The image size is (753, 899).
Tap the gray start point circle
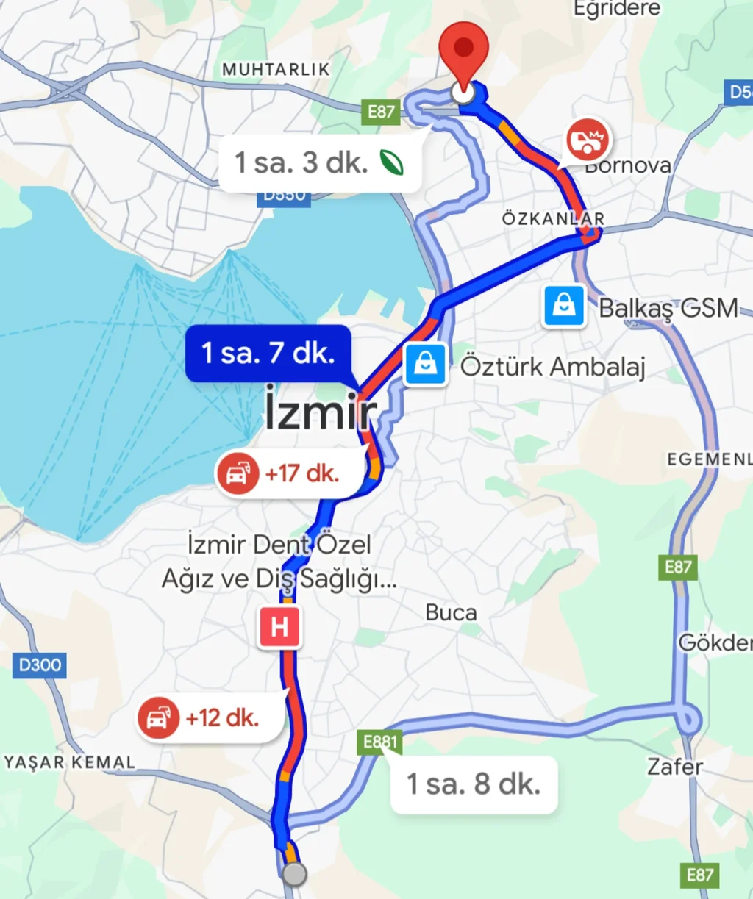[294, 874]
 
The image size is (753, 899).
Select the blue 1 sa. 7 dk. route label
[268, 354]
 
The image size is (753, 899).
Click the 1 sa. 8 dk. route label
[474, 784]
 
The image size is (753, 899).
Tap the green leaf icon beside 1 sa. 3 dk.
[392, 162]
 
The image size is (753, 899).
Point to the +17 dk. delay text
[302, 473]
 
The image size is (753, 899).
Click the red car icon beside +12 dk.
[158, 718]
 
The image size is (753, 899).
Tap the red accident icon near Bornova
[587, 140]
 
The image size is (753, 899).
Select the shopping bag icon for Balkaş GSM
[564, 307]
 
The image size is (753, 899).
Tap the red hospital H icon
[279, 627]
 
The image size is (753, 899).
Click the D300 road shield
[40, 665]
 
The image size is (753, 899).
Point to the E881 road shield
[380, 742]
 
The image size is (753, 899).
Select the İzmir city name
[320, 412]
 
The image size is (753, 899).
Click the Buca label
[451, 612]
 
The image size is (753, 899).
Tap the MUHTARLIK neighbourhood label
[276, 69]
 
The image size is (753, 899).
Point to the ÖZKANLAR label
[553, 218]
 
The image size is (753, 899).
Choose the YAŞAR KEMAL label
[70, 762]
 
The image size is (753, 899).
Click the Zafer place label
[675, 767]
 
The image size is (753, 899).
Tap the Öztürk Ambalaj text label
[553, 365]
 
